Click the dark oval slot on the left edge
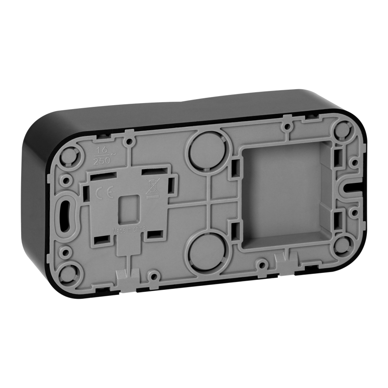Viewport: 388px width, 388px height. click(67, 213)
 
